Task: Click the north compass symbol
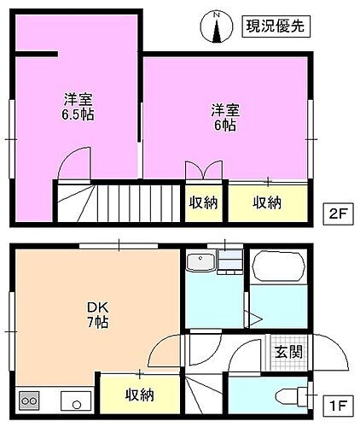[x=218, y=26]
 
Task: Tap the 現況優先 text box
[x=273, y=26]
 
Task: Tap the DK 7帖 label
[x=95, y=314]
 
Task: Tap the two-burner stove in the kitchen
[x=30, y=400]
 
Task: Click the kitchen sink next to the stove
[x=71, y=400]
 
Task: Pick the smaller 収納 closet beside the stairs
[x=203, y=202]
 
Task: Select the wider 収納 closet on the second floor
[x=267, y=202]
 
